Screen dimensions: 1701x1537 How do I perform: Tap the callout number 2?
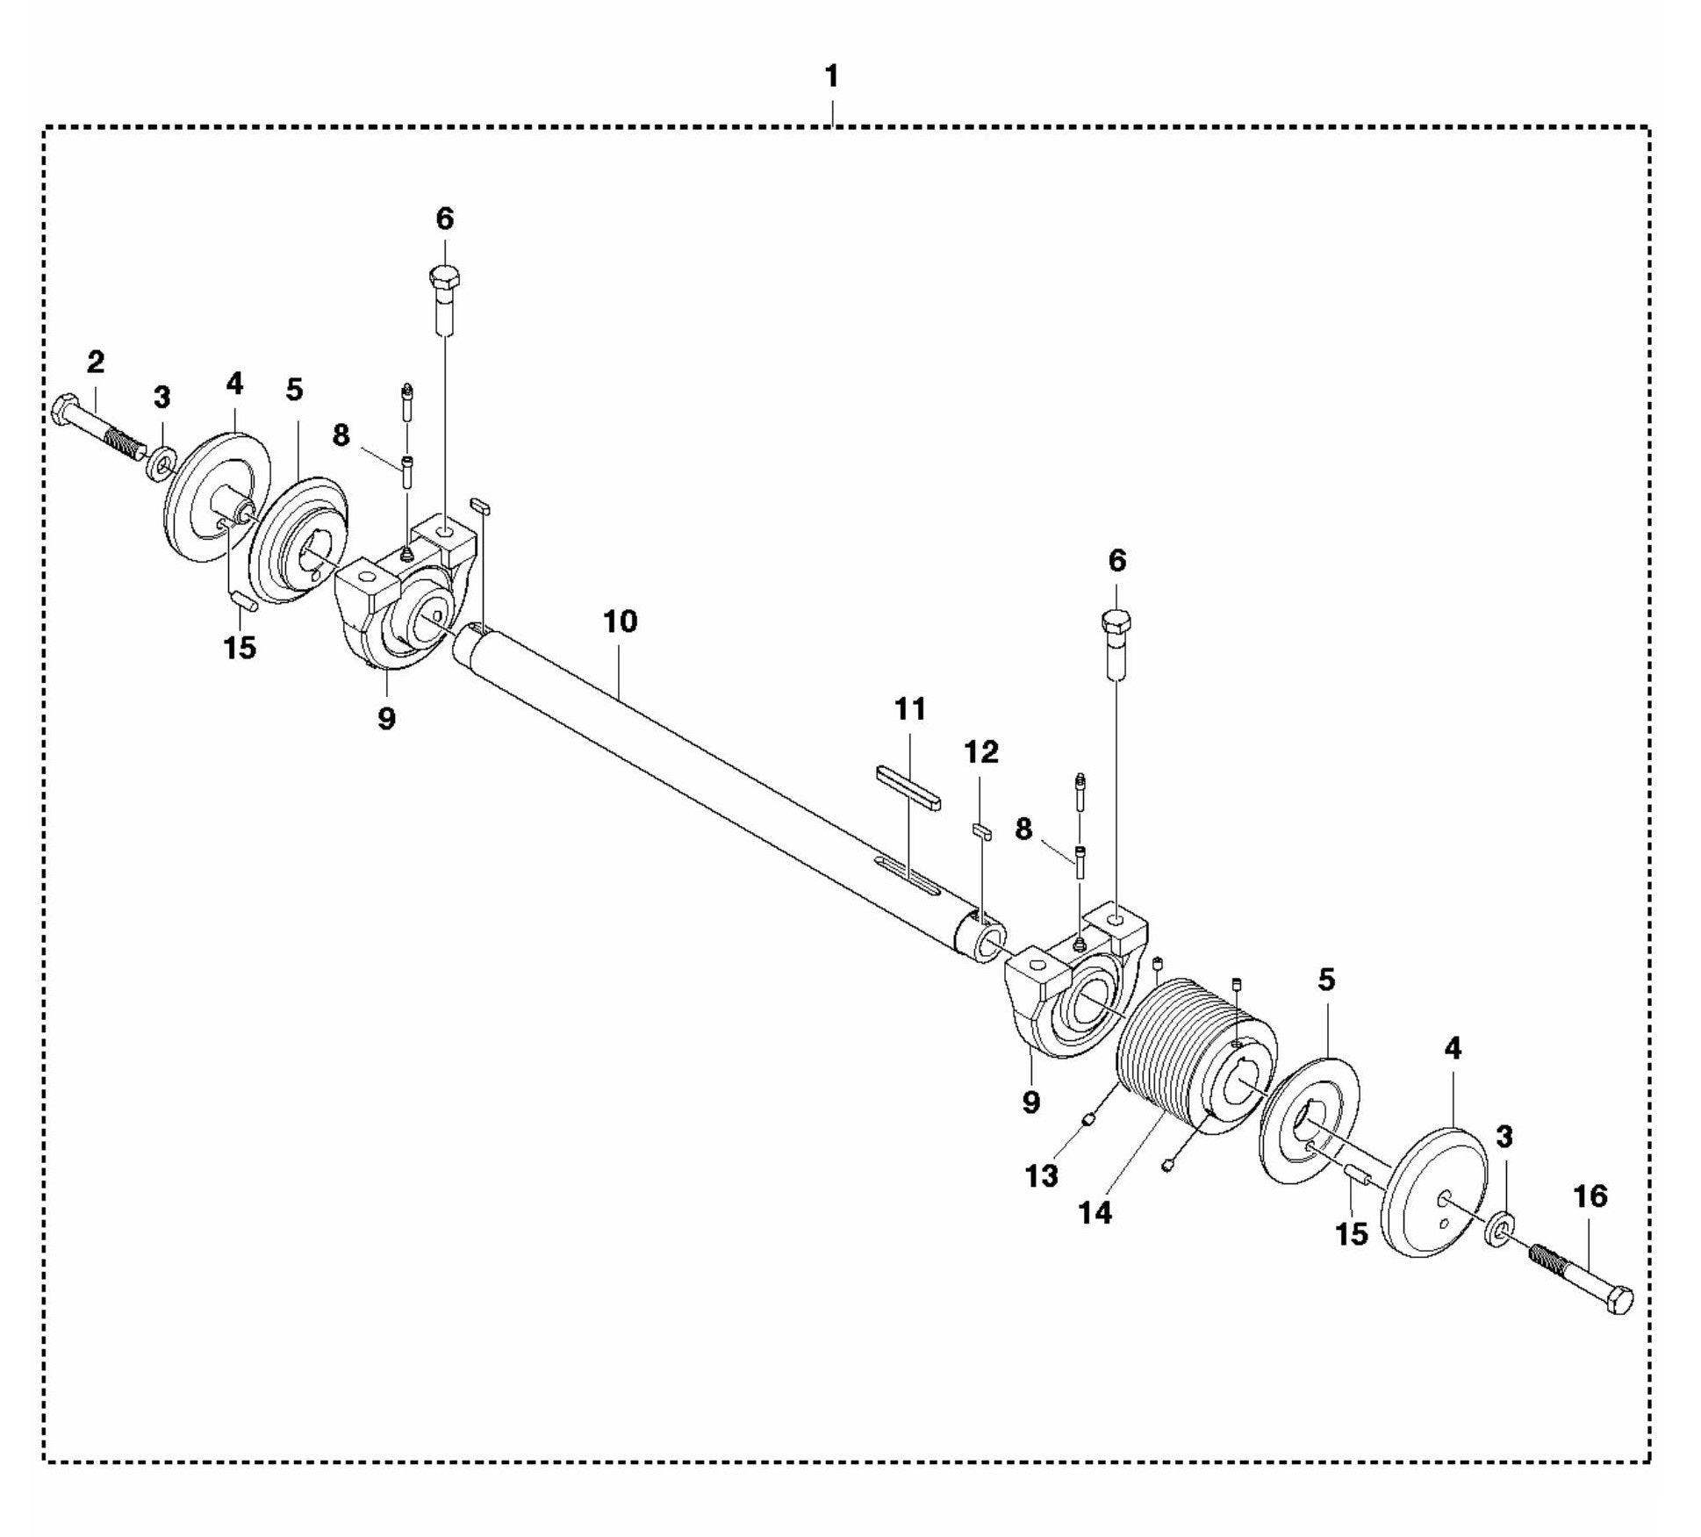(x=95, y=361)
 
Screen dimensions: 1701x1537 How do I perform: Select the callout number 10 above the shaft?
(x=620, y=621)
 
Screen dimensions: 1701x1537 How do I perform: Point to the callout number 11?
(x=910, y=708)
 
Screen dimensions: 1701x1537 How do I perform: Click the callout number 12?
(x=981, y=751)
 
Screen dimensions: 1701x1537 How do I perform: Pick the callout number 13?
(x=1042, y=1176)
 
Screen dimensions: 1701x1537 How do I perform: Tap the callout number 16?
(x=1591, y=1196)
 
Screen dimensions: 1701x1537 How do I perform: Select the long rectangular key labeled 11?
(x=908, y=786)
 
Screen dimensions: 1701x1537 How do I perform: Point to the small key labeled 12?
(x=980, y=831)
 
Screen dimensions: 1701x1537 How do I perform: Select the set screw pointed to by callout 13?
(x=1088, y=1119)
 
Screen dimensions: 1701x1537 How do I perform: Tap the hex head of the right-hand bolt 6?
(x=1116, y=619)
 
